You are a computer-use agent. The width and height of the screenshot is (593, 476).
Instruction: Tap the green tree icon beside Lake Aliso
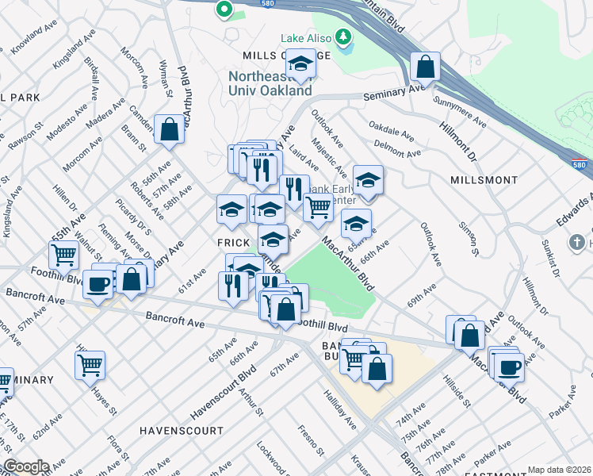(342, 36)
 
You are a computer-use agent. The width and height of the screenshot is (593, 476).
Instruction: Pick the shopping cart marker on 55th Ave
(63, 255)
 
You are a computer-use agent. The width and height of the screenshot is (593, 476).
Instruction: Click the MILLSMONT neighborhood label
(484, 180)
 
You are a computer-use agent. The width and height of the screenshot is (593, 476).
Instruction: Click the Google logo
(26, 466)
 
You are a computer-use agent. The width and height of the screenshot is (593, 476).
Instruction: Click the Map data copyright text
(560, 470)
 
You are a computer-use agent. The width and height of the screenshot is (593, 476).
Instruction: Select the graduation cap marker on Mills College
(300, 64)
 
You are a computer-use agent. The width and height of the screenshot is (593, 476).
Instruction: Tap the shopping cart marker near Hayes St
(90, 365)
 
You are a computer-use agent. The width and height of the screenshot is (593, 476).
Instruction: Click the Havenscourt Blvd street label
(225, 392)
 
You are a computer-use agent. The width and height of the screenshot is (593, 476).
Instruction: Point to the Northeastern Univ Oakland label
(270, 83)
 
